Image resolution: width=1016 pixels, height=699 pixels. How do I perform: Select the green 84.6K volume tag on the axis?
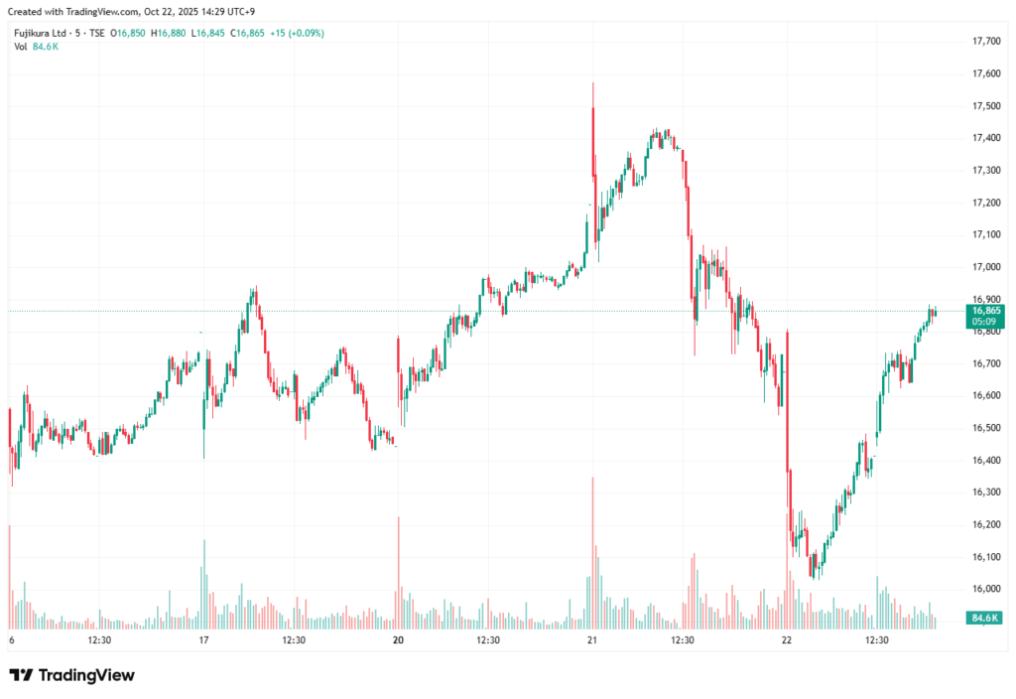click(984, 618)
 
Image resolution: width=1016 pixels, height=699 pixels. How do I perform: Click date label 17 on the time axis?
click(203, 640)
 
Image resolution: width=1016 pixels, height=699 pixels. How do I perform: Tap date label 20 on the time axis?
click(397, 640)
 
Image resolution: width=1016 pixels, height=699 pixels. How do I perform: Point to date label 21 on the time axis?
click(591, 640)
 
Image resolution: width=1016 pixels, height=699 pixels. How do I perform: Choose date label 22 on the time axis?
click(786, 640)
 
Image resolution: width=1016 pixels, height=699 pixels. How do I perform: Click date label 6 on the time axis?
click(11, 640)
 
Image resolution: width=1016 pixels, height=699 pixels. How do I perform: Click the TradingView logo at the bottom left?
click(71, 675)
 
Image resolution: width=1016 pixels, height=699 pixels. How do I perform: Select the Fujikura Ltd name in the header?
click(40, 33)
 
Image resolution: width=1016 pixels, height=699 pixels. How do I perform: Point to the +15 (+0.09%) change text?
click(296, 33)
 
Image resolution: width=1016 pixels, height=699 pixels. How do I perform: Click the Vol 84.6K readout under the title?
click(36, 47)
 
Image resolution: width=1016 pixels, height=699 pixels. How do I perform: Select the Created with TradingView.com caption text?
click(133, 10)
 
